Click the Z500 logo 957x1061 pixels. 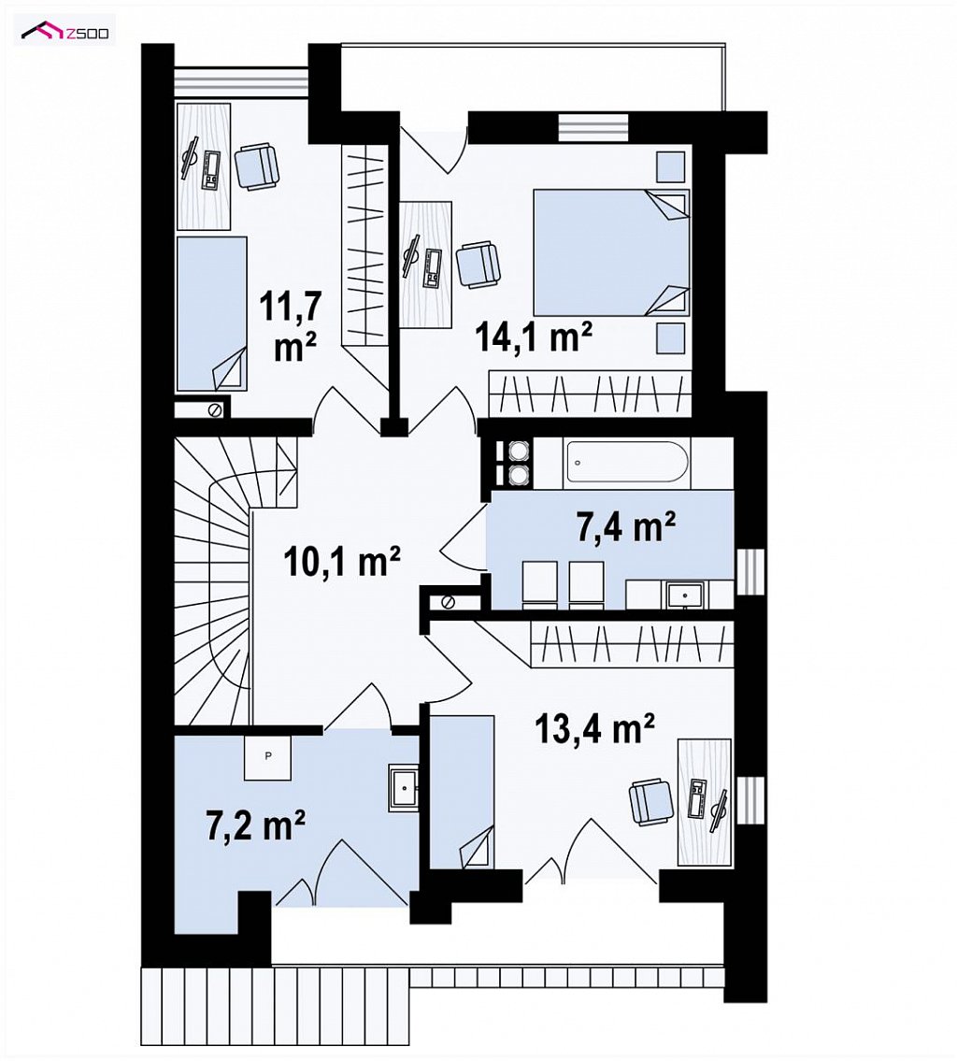64,31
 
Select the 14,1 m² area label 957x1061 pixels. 535,337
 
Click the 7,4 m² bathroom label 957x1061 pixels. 626,528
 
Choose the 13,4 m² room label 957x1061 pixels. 595,728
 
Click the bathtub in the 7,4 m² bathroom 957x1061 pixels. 627,462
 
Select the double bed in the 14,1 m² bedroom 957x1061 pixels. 611,252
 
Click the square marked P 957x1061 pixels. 268,756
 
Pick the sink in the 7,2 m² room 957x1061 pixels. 405,788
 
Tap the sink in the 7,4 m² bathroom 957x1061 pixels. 685,595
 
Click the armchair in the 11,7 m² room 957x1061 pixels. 257,166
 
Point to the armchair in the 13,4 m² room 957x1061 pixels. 652,802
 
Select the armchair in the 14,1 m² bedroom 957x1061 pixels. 478,265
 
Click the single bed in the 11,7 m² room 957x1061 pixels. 212,313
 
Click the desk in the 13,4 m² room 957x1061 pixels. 704,802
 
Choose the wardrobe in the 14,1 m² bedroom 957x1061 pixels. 590,394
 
